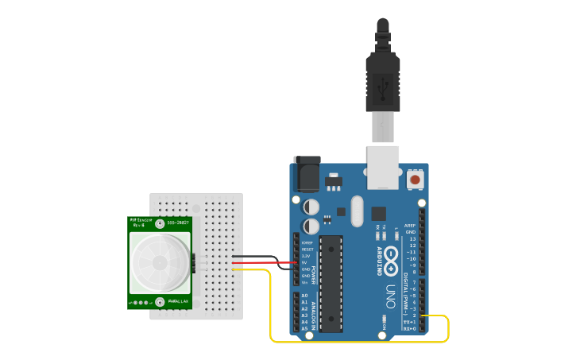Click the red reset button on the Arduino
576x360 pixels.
415,180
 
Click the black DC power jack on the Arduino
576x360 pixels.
306,173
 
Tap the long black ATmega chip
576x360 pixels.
331,283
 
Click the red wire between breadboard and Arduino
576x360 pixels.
262,262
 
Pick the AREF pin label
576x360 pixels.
410,225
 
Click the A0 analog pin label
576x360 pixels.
304,296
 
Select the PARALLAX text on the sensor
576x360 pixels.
178,302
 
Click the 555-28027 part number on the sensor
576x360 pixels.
177,223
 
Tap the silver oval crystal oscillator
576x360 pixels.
356,211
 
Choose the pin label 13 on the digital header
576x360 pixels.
412,238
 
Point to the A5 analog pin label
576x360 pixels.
304,328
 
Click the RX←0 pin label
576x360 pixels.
409,328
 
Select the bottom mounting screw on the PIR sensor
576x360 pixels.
160,302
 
